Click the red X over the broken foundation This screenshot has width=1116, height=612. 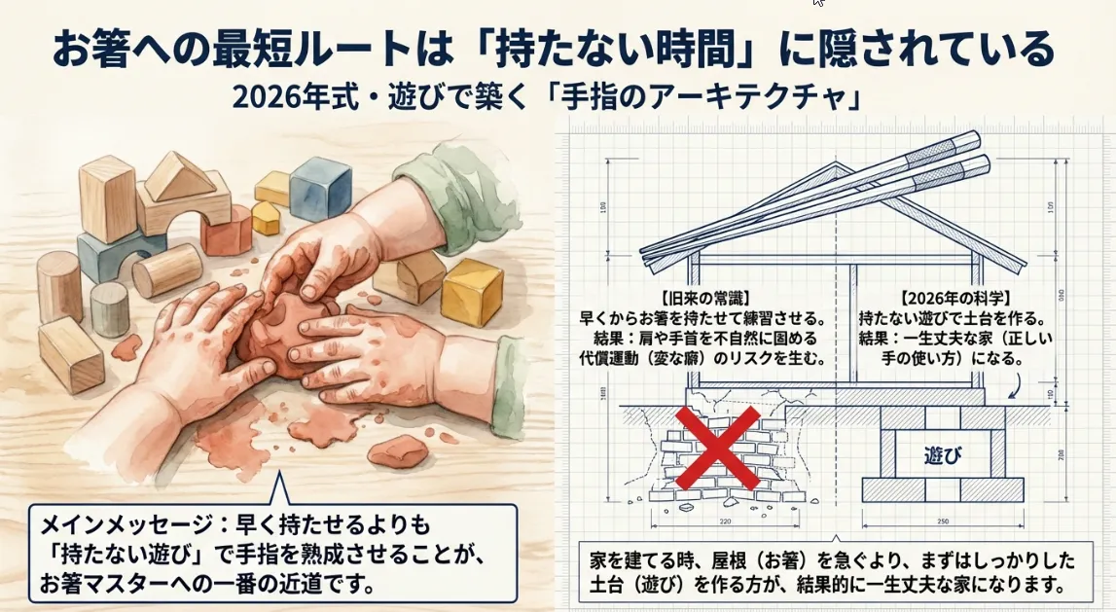click(x=717, y=450)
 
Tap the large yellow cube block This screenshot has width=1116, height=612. click(x=473, y=291)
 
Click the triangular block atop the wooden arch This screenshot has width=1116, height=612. click(x=179, y=177)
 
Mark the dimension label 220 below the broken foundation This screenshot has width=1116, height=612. click(x=721, y=522)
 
